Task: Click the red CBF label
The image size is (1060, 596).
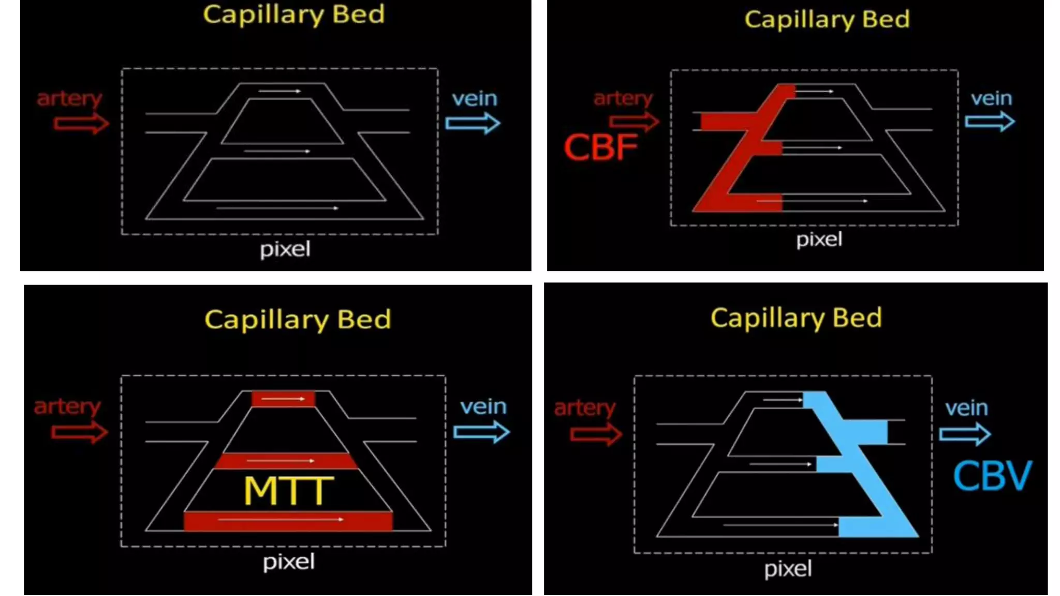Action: pyautogui.click(x=600, y=147)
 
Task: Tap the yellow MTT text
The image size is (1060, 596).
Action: pyautogui.click(x=288, y=490)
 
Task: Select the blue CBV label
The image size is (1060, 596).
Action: pyautogui.click(x=992, y=476)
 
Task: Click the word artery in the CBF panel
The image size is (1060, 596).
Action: pyautogui.click(x=623, y=98)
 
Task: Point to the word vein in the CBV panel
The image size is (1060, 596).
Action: pyautogui.click(x=966, y=408)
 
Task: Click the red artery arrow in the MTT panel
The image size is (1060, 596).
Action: pyautogui.click(x=80, y=432)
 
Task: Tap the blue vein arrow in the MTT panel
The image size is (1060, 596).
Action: pyautogui.click(x=481, y=432)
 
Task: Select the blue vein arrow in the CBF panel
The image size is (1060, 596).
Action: pyautogui.click(x=990, y=122)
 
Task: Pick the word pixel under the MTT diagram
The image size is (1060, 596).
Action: pyautogui.click(x=288, y=562)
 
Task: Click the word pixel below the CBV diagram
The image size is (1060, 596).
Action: pyautogui.click(x=788, y=569)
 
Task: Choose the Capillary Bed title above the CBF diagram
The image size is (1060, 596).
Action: pyautogui.click(x=827, y=20)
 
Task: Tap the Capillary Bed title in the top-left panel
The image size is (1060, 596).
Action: pyautogui.click(x=293, y=14)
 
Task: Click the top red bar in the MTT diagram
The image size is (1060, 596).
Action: pyautogui.click(x=283, y=399)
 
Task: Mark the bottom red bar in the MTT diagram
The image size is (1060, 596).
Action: pyautogui.click(x=288, y=520)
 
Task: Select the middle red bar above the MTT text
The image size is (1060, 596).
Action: pyautogui.click(x=286, y=460)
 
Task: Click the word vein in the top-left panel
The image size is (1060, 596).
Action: pyautogui.click(x=474, y=98)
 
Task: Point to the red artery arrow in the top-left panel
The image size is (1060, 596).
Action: pyautogui.click(x=81, y=124)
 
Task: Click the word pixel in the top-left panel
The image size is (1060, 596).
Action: pyautogui.click(x=285, y=249)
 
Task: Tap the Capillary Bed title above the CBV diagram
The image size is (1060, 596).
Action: pyautogui.click(x=796, y=318)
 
